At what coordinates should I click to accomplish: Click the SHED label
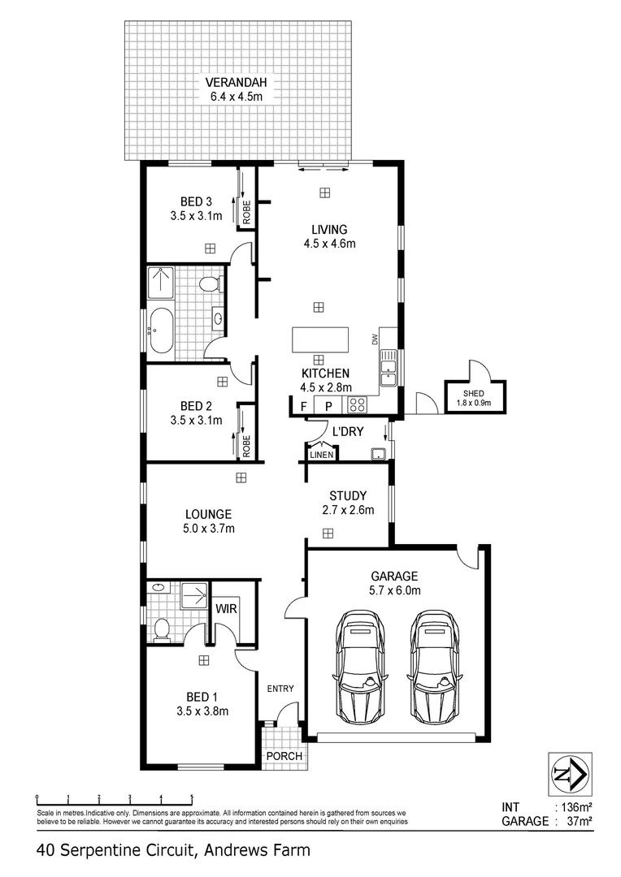click(x=474, y=393)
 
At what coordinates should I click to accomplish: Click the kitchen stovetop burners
click(x=357, y=405)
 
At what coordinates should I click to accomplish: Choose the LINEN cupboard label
click(x=322, y=455)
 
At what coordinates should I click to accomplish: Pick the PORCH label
click(x=284, y=756)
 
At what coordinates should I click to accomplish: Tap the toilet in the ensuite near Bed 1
click(x=161, y=629)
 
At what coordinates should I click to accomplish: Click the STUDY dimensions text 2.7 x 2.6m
click(x=346, y=511)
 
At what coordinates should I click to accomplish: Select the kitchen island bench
click(x=320, y=339)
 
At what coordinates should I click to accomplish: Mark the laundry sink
click(x=378, y=454)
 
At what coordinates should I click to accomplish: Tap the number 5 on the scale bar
click(x=192, y=797)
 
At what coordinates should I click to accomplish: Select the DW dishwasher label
click(x=375, y=339)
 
